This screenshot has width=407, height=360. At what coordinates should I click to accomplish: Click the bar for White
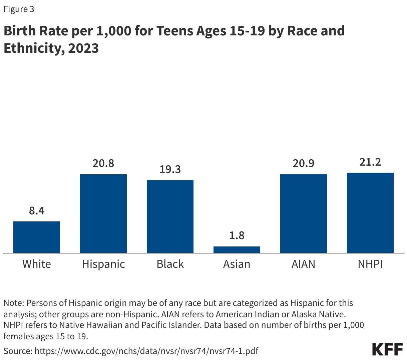(37, 237)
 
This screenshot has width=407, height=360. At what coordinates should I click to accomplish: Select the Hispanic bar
(103, 214)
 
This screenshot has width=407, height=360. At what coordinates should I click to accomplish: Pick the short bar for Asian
(237, 249)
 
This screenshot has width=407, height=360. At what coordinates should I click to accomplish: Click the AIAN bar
(304, 213)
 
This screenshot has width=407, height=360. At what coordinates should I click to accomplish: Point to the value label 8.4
(37, 211)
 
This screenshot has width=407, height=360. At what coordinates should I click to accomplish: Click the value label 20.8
(103, 163)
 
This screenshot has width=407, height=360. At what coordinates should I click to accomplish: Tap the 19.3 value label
(170, 169)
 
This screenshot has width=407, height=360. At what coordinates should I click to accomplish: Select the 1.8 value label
(237, 236)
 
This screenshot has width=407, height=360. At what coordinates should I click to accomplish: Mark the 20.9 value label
(304, 163)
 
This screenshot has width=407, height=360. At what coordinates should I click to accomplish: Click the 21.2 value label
(370, 162)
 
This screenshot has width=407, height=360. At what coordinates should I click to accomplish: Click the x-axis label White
(37, 264)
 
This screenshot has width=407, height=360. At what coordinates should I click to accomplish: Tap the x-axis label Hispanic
(103, 264)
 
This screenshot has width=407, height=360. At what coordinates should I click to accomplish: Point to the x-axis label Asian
(237, 264)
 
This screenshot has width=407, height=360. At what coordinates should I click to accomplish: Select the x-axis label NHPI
(370, 264)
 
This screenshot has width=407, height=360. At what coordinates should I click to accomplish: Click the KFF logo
(387, 349)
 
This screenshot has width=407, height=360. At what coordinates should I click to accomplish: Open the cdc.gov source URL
(146, 351)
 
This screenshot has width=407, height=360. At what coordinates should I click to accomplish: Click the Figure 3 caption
(19, 9)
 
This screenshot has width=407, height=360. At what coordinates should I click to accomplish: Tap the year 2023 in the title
(83, 48)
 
